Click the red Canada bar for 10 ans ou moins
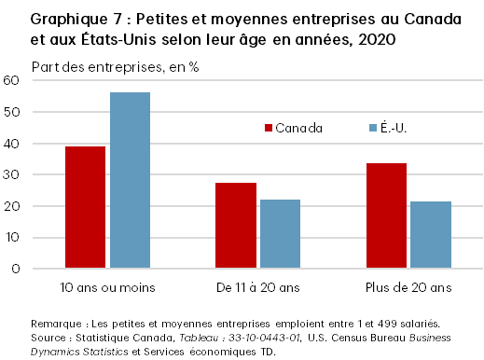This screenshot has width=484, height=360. (x=85, y=207)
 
